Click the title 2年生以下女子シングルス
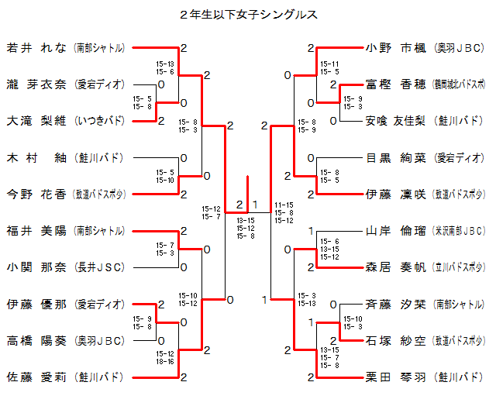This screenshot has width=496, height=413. click(x=248, y=14)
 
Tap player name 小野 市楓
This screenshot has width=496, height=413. click(x=396, y=47)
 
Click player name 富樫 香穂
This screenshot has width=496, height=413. click(x=396, y=84)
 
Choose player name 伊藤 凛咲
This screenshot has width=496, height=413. click(x=396, y=194)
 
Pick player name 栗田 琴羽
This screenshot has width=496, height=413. click(x=396, y=377)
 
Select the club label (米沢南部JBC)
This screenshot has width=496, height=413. click(x=460, y=231)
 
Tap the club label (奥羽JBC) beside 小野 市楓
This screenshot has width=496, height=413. click(x=460, y=47)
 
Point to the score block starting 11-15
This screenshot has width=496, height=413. click(x=284, y=212)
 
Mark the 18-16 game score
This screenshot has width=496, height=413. click(x=164, y=360)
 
